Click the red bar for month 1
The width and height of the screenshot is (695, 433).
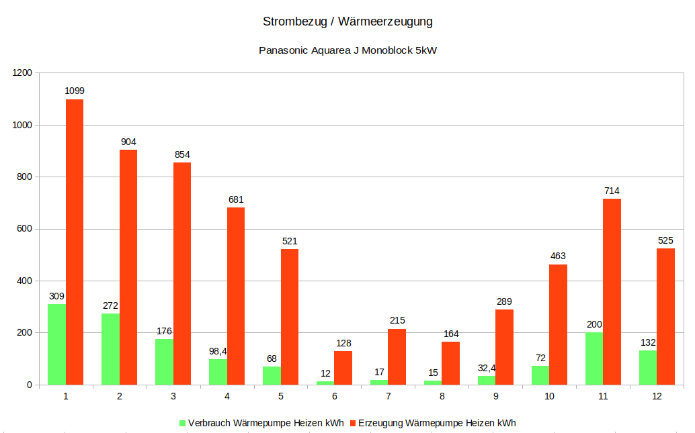click(75, 242)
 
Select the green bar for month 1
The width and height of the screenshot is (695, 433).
click(56, 344)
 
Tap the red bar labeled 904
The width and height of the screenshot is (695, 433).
click(128, 267)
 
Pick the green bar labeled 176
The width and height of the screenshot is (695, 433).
click(164, 362)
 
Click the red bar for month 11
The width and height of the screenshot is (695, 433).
click(612, 291)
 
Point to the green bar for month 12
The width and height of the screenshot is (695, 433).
click(648, 367)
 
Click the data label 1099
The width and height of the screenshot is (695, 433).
click(75, 91)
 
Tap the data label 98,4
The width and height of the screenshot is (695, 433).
click(218, 350)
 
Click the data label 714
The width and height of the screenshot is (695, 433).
click(612, 191)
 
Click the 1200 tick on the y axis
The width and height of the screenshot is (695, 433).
click(21, 73)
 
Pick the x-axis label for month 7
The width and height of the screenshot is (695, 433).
click(388, 397)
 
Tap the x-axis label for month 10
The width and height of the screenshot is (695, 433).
click(549, 397)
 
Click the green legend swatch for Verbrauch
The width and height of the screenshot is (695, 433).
click(182, 423)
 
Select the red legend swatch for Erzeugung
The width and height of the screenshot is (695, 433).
click(352, 423)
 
